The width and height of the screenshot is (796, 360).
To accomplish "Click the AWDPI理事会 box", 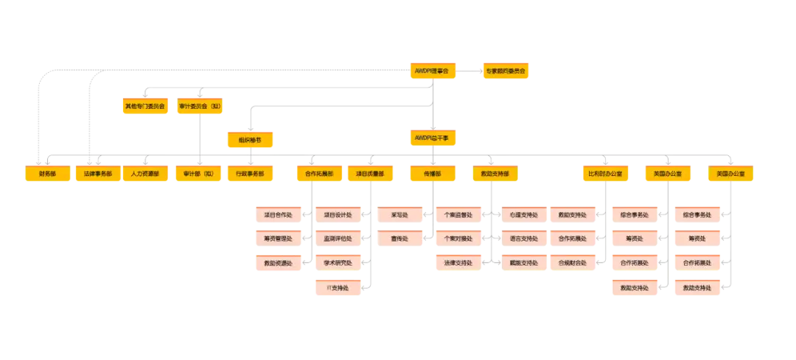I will (x=432, y=71).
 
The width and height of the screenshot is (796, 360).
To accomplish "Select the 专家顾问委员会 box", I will (x=505, y=71).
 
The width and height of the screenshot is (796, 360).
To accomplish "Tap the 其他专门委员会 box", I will (x=145, y=106).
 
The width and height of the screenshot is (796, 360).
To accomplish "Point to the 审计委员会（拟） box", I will (x=200, y=106).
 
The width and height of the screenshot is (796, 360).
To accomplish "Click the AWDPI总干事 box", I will (x=432, y=138).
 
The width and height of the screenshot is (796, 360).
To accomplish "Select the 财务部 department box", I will (x=48, y=174).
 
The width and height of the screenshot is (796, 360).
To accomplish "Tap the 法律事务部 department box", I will (x=98, y=174).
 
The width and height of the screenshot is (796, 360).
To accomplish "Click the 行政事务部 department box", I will (x=250, y=174).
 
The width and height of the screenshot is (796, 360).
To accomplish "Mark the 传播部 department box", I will (x=432, y=174).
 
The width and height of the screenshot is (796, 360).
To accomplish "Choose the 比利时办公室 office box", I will (x=605, y=174).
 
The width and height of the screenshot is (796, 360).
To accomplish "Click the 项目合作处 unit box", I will (x=278, y=215).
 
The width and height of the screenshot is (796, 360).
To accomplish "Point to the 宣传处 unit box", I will (x=399, y=239).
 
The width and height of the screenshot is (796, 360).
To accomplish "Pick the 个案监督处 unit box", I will (x=458, y=215).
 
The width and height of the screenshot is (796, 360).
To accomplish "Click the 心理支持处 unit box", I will (x=523, y=215).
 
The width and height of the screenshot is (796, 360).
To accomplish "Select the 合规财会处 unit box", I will (x=572, y=262).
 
